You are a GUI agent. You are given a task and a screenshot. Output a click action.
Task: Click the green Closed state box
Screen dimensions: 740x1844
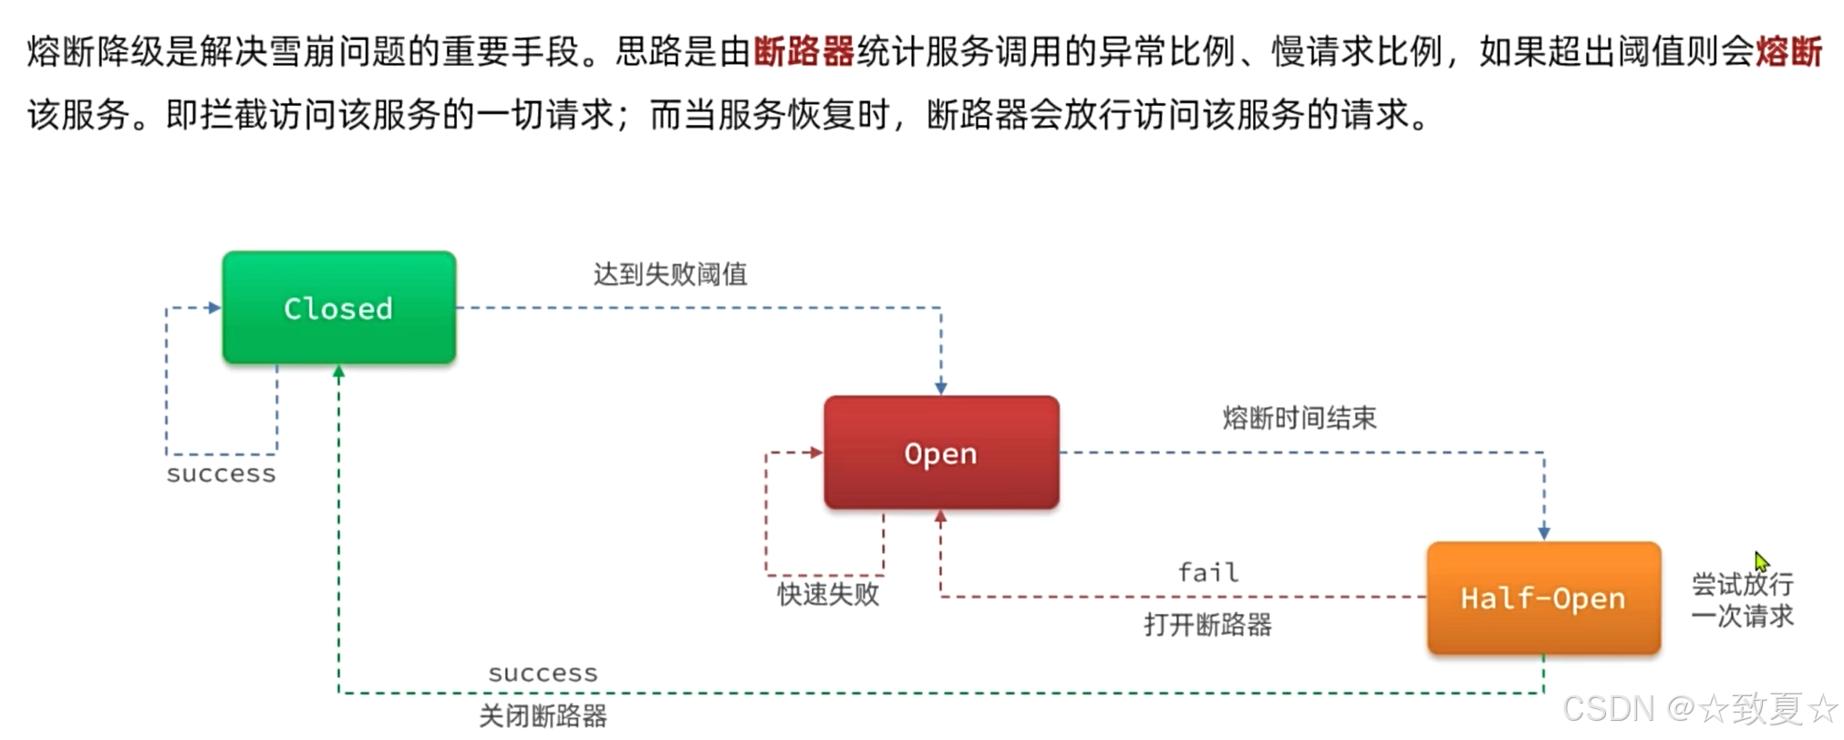[x=338, y=308]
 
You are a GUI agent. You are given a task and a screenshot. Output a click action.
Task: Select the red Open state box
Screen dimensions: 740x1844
[x=940, y=453]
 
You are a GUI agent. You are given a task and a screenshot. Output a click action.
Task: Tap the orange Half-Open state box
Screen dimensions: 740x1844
[x=1543, y=599]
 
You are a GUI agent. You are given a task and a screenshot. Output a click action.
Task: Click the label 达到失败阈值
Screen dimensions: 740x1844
[x=670, y=274]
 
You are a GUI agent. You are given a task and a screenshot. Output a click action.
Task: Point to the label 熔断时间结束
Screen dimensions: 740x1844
[x=1300, y=418]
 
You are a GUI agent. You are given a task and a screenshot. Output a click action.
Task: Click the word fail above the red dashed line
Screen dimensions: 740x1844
[x=1207, y=572]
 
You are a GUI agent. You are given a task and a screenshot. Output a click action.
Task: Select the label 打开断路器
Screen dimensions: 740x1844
[x=1207, y=625]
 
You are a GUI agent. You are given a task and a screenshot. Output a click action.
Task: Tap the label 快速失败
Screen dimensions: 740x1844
[x=828, y=594]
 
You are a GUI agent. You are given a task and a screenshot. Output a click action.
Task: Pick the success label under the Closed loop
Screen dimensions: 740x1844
[x=221, y=474]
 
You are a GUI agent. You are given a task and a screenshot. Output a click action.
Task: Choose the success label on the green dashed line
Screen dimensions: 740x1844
[x=543, y=673]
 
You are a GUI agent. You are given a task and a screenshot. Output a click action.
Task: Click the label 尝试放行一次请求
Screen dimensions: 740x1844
[x=1742, y=599]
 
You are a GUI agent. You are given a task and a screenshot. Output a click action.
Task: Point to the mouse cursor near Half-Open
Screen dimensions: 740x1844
[x=1761, y=561]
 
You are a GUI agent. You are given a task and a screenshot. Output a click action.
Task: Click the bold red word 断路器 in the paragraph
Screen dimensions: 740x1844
[x=803, y=51]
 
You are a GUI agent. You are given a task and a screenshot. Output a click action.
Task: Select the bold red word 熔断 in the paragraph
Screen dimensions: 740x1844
[x=1788, y=51]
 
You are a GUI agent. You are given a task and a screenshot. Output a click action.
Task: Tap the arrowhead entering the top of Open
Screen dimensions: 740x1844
[x=940, y=389]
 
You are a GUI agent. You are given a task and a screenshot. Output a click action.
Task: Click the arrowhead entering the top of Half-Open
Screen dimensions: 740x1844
[x=1543, y=534]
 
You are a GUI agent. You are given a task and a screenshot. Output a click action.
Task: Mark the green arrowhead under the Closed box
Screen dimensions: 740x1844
[x=338, y=371]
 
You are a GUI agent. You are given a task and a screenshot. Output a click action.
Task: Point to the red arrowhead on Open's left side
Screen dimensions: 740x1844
[x=816, y=453]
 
